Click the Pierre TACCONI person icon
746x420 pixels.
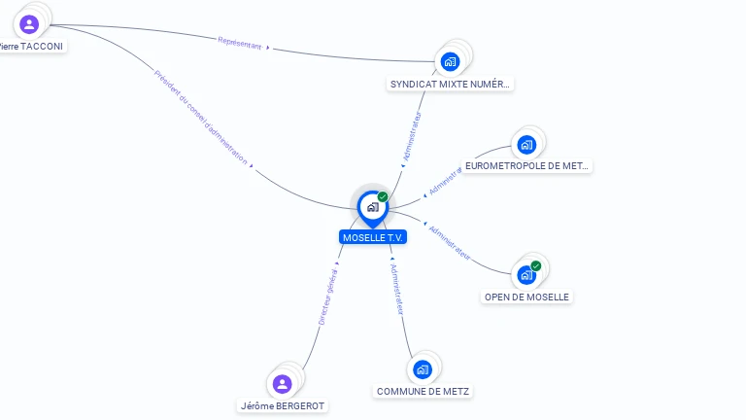click(x=28, y=24)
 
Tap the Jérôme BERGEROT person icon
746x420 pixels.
click(x=283, y=384)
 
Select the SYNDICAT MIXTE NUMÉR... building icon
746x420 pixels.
click(x=450, y=62)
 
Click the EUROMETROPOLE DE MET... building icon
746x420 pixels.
click(x=526, y=145)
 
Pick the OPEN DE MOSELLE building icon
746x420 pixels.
click(x=526, y=275)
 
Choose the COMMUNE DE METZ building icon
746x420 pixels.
click(x=422, y=369)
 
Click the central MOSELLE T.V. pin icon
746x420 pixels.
click(x=372, y=207)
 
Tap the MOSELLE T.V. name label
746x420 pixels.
click(x=373, y=237)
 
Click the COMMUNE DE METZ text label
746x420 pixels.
click(x=423, y=392)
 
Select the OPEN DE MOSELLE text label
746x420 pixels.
click(x=526, y=297)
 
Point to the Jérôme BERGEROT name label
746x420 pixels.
click(x=283, y=405)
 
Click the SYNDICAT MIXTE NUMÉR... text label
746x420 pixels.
click(x=450, y=85)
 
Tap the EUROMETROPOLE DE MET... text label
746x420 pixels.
click(x=526, y=166)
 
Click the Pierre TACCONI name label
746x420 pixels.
click(x=33, y=46)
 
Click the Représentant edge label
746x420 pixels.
click(x=240, y=43)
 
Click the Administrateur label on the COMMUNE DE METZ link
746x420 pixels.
click(x=396, y=289)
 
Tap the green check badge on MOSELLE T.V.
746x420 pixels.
click(x=383, y=196)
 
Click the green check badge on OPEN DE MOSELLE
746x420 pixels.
click(x=536, y=265)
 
